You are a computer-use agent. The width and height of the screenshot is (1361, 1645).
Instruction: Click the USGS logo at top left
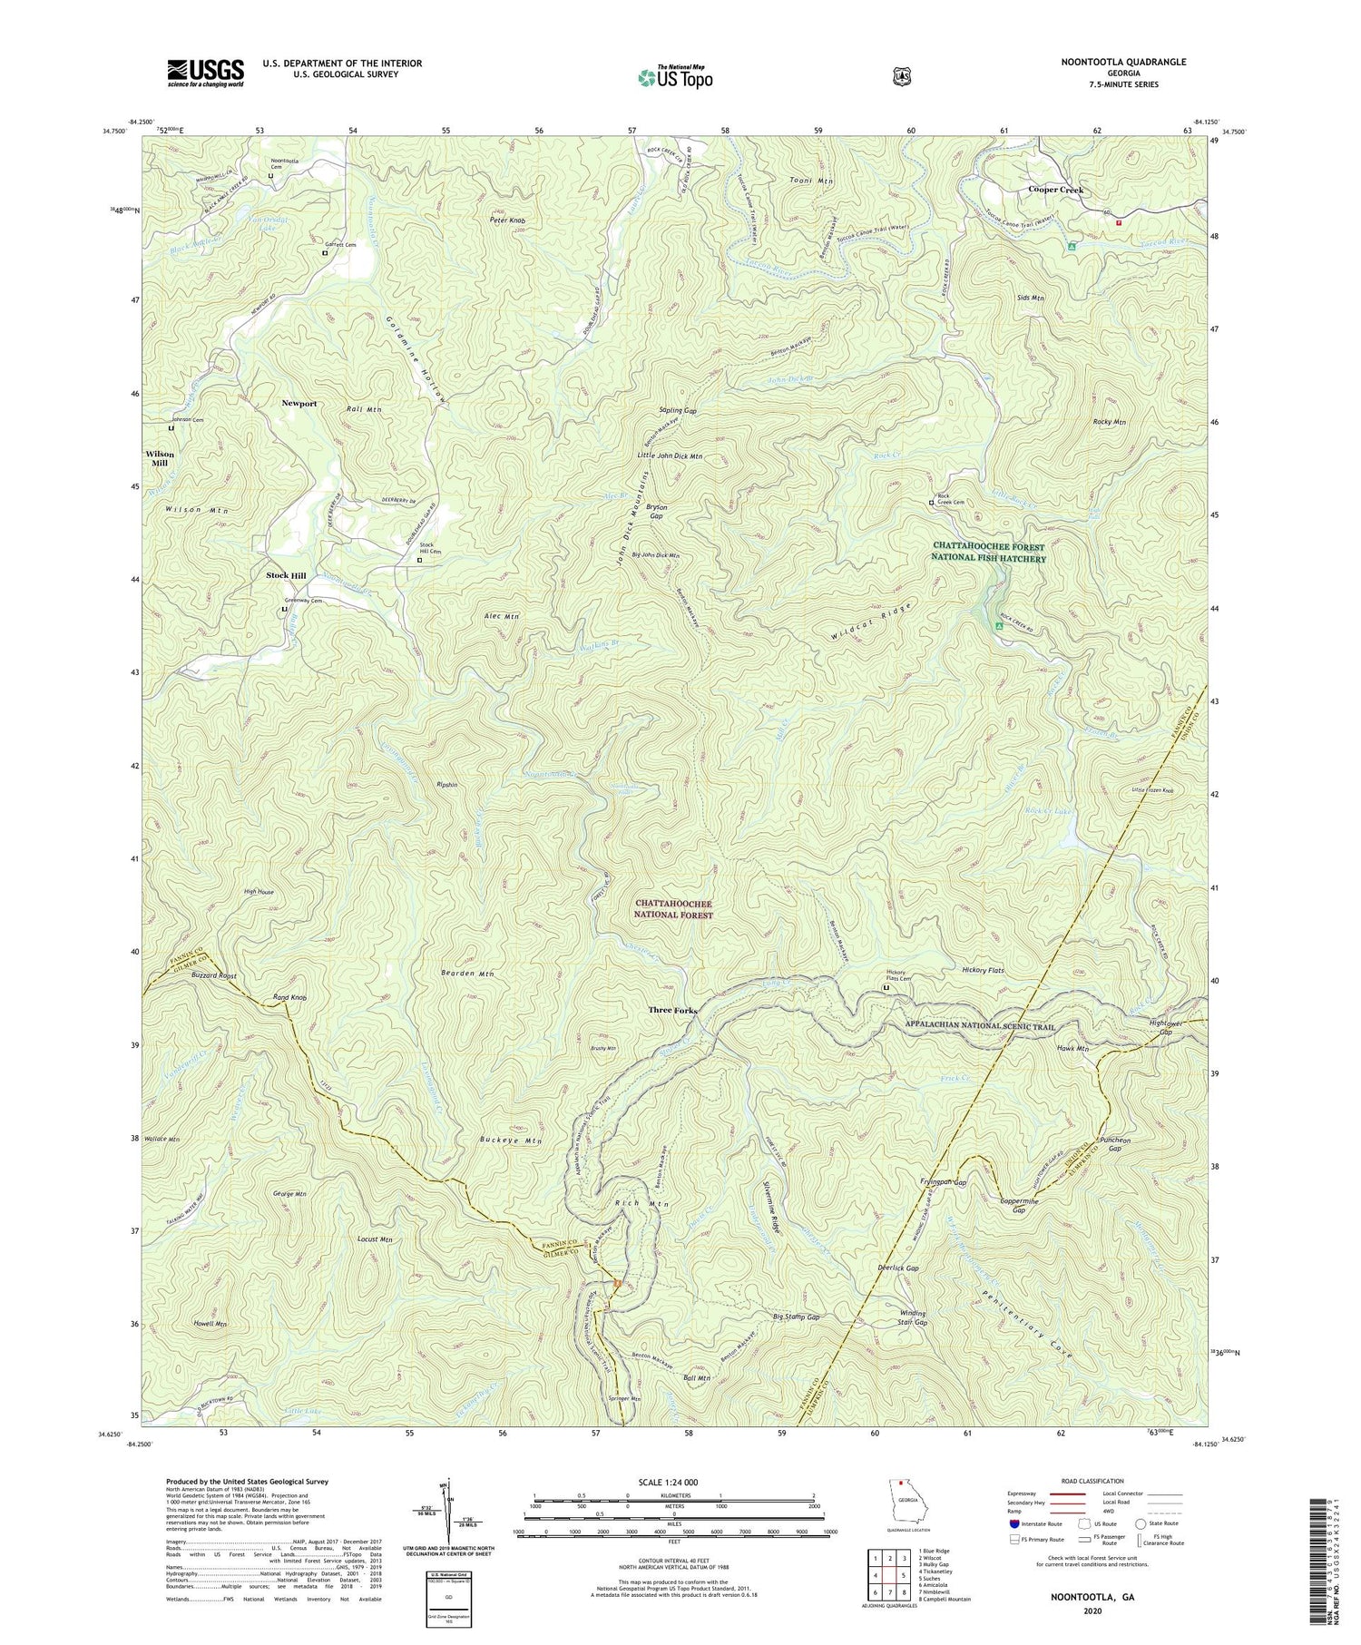point(205,73)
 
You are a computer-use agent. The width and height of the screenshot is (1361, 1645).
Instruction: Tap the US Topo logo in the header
point(675,77)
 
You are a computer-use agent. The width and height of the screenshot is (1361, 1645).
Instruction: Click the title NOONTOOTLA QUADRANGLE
point(1123,63)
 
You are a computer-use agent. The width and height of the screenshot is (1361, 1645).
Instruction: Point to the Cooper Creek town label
point(1055,191)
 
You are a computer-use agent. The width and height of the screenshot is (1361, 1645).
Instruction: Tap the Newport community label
point(299,403)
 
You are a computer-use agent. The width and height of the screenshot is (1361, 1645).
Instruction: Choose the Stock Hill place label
point(286,576)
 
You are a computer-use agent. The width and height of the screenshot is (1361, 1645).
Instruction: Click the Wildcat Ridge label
point(868,622)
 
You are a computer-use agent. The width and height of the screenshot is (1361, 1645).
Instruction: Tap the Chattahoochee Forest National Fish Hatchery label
point(990,553)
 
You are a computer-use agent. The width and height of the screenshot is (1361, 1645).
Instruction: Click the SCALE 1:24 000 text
point(673,1482)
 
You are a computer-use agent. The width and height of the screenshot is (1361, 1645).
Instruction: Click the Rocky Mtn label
point(1109,422)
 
